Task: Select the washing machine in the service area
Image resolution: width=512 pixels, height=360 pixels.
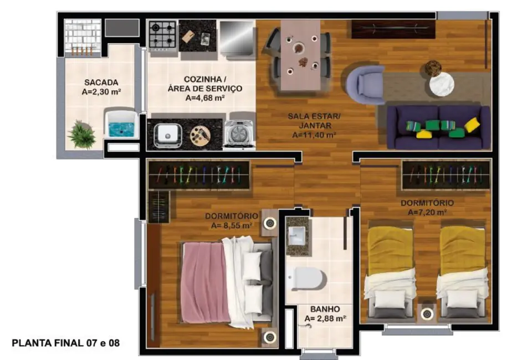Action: tap(239, 134)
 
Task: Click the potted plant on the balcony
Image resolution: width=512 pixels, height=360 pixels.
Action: tap(82, 135)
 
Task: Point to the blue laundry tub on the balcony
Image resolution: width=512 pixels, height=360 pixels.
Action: tap(120, 125)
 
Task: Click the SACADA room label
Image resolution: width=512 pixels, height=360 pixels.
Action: tap(101, 83)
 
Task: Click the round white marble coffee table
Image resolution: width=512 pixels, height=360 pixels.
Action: tap(442, 84)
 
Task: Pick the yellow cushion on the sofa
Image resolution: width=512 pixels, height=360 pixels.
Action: tap(473, 125)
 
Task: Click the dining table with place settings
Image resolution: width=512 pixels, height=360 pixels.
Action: tap(300, 55)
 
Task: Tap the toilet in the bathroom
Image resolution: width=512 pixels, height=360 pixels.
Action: tap(306, 277)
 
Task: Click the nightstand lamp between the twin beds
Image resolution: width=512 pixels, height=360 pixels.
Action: tap(427, 314)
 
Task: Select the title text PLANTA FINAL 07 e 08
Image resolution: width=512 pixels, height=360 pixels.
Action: tap(65, 343)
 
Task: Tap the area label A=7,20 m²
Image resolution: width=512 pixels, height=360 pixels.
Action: tap(427, 212)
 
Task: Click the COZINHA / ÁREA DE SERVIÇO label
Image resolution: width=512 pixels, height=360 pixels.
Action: tap(204, 88)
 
